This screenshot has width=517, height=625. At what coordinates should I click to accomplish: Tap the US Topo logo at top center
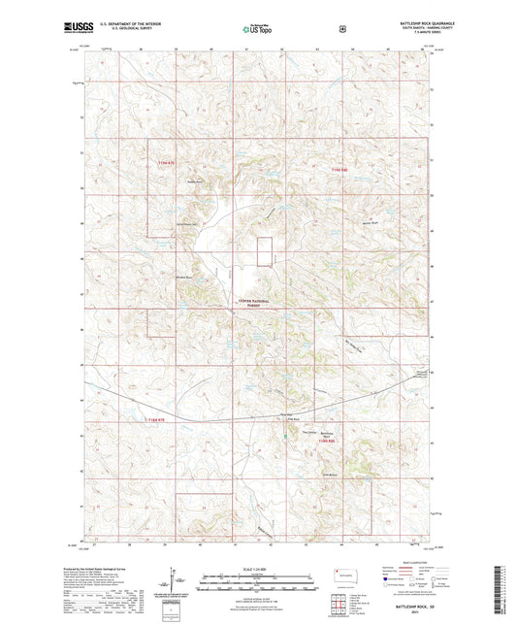click(257, 29)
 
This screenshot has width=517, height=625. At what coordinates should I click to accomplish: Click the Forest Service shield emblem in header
click(342, 29)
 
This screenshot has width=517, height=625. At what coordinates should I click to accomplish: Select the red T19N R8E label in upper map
click(337, 170)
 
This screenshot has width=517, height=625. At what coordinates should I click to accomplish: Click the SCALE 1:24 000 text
click(258, 569)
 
